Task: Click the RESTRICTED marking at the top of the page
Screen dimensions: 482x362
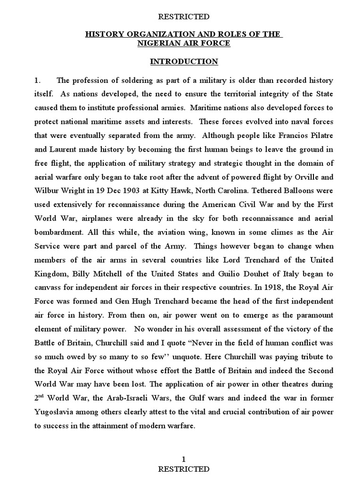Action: coord(184,16)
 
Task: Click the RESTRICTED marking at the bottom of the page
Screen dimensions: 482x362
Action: coord(184,469)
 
